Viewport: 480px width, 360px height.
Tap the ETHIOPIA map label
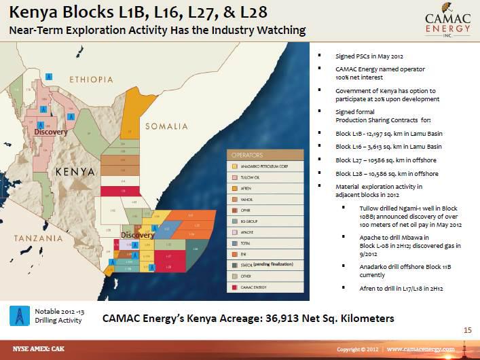[91, 79]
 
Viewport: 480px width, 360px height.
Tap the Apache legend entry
[250, 232]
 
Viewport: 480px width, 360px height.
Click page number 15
[467, 330]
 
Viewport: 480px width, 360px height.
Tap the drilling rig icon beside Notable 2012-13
[20, 315]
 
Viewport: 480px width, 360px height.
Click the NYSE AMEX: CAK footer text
[33, 349]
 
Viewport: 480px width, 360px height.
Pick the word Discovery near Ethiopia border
[51, 132]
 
